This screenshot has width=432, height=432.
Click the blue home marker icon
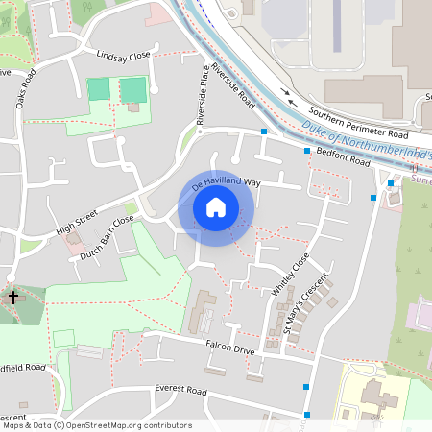216,206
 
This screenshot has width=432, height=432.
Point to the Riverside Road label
233,84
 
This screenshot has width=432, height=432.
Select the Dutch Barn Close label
108,241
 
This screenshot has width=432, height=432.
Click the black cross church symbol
13,297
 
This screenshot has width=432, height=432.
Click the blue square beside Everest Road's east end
306,386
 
